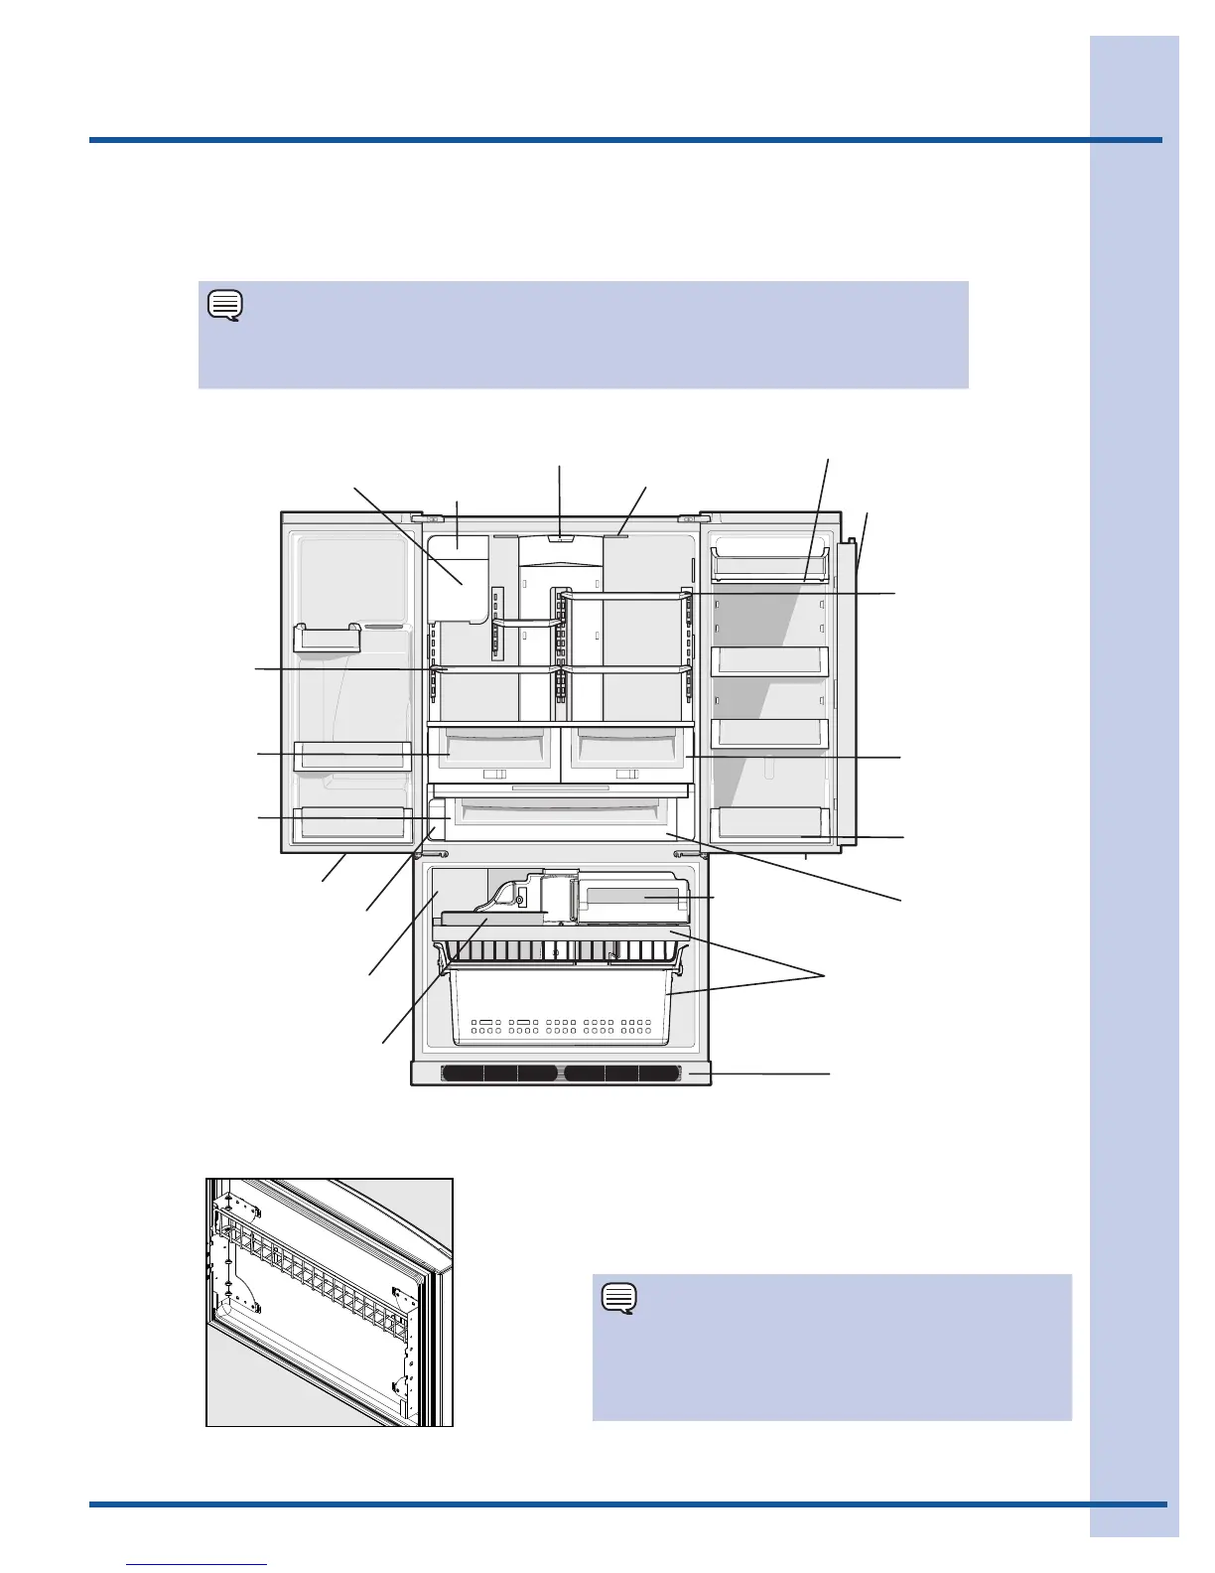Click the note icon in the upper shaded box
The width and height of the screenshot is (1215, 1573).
[225, 305]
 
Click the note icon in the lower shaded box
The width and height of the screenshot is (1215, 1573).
[619, 1298]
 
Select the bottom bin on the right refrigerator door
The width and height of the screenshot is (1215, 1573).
[769, 822]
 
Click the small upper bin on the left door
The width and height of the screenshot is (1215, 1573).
[328, 638]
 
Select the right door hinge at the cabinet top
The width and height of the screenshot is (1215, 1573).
[686, 518]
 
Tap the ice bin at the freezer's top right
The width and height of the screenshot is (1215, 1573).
[631, 897]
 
